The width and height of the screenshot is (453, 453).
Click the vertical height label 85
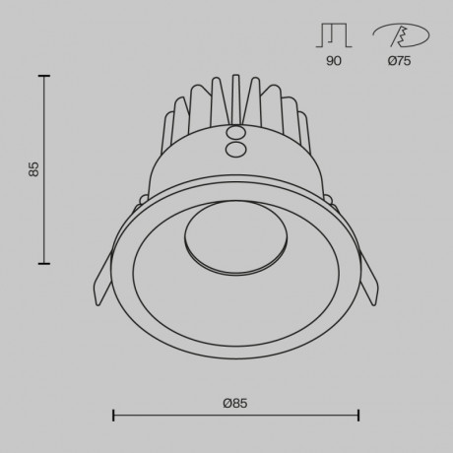click(x=33, y=169)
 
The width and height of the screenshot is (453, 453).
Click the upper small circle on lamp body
click(x=235, y=132)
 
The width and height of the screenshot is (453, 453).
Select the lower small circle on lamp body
click(x=235, y=149)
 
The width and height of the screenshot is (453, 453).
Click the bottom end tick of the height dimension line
click(x=44, y=263)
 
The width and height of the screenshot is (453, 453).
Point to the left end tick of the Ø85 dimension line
click(x=113, y=416)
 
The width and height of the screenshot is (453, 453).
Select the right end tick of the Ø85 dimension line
click(x=357, y=416)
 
